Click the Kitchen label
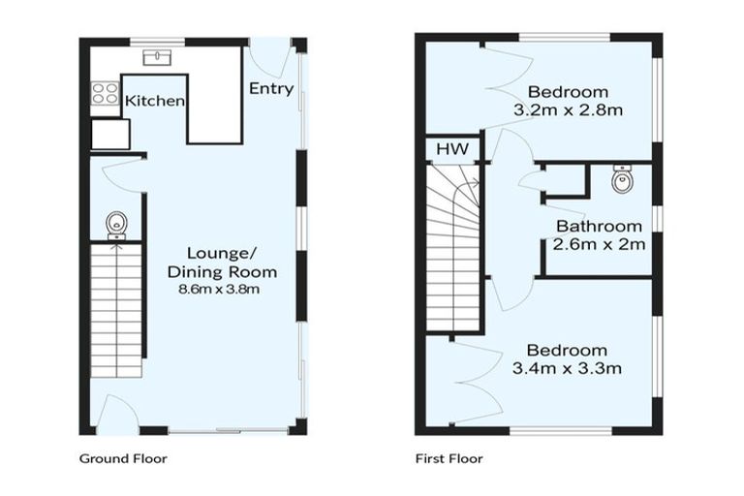pos(155,101)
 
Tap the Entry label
pos(270,88)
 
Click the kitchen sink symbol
pos(155,57)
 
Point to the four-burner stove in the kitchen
pos(104,94)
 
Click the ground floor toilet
pos(116,224)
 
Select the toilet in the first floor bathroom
pos(622,179)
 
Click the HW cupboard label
pos(451,149)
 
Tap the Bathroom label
pos(599,228)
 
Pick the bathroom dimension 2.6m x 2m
pos(599,244)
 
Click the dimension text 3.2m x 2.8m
pos(568,109)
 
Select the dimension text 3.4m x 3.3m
pos(567,367)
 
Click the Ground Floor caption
pos(122,458)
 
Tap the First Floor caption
pos(449,458)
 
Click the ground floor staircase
pos(116,310)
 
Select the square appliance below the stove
pos(110,134)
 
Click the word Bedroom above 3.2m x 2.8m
pos(568,92)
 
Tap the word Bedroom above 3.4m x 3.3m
pos(567,350)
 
